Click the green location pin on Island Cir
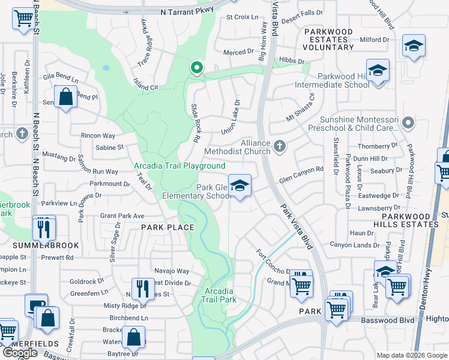196,68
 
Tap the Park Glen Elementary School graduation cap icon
239,186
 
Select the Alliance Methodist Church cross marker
279,146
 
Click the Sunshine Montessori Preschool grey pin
408,124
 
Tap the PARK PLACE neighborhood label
167,227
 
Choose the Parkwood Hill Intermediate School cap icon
378,71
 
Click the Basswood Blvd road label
387,320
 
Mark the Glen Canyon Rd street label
301,170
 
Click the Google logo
20,353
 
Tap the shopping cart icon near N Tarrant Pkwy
23,19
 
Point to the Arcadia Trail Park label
219,295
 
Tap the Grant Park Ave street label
122,215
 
